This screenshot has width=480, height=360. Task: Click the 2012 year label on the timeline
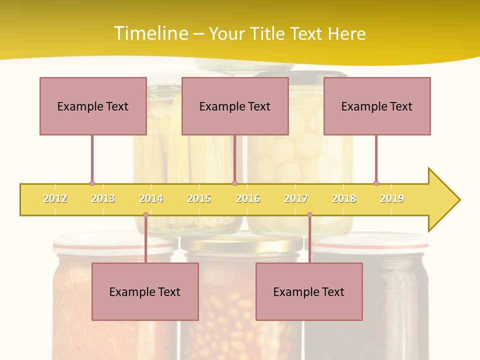point(55,198)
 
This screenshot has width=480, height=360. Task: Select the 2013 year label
point(103,198)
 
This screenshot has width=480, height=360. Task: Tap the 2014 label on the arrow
point(151,198)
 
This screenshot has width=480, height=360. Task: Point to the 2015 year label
point(199,198)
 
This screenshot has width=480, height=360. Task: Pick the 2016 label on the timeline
point(248,198)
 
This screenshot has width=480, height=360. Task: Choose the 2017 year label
point(296,198)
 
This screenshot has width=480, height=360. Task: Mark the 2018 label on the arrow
point(344,198)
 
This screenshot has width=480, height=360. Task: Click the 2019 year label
point(392,198)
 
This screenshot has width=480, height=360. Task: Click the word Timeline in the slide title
point(150,33)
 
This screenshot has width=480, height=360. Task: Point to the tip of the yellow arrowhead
point(459,200)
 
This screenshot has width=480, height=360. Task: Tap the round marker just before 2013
point(92,183)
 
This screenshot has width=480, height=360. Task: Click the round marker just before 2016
point(234,183)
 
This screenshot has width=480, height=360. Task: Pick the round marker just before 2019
point(376,183)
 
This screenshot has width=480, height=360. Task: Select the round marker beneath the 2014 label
point(145,215)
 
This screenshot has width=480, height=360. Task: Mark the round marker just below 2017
point(309,215)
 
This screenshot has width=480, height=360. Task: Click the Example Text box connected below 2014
point(145,291)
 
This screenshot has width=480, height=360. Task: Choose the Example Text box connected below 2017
point(309,291)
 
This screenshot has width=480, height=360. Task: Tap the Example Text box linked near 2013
point(93,106)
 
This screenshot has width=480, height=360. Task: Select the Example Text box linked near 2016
point(235,106)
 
